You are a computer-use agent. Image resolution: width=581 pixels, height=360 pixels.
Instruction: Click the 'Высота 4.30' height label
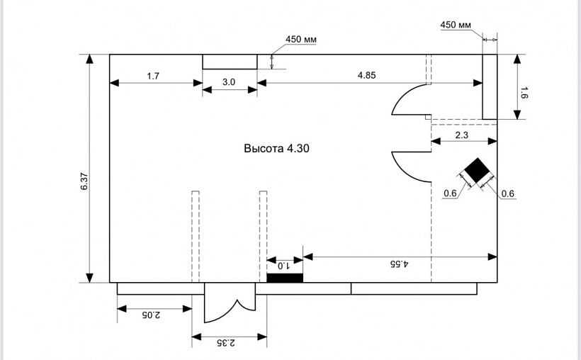tap(277, 149)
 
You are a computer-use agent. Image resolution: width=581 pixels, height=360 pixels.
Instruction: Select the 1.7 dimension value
tap(153, 76)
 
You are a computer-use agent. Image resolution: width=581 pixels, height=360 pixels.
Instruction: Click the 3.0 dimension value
tap(229, 82)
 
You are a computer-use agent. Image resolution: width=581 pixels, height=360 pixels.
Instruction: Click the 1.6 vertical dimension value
tap(524, 92)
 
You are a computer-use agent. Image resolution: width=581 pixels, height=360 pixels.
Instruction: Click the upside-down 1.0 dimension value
tap(283, 266)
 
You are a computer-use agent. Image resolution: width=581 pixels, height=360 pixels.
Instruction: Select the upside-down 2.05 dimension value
tap(152, 314)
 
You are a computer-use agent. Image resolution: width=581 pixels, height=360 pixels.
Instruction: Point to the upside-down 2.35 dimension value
tap(228, 343)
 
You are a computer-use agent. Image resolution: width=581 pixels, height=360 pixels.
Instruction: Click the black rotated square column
tap(475, 171)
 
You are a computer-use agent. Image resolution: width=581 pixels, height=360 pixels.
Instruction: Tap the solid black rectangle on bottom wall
tap(285, 277)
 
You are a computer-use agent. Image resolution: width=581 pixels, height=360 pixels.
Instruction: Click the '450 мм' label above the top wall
tap(301, 40)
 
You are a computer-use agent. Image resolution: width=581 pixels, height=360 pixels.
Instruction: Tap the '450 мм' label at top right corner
tap(456, 25)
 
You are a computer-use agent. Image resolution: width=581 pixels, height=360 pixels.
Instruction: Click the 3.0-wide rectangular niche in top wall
tap(230, 61)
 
